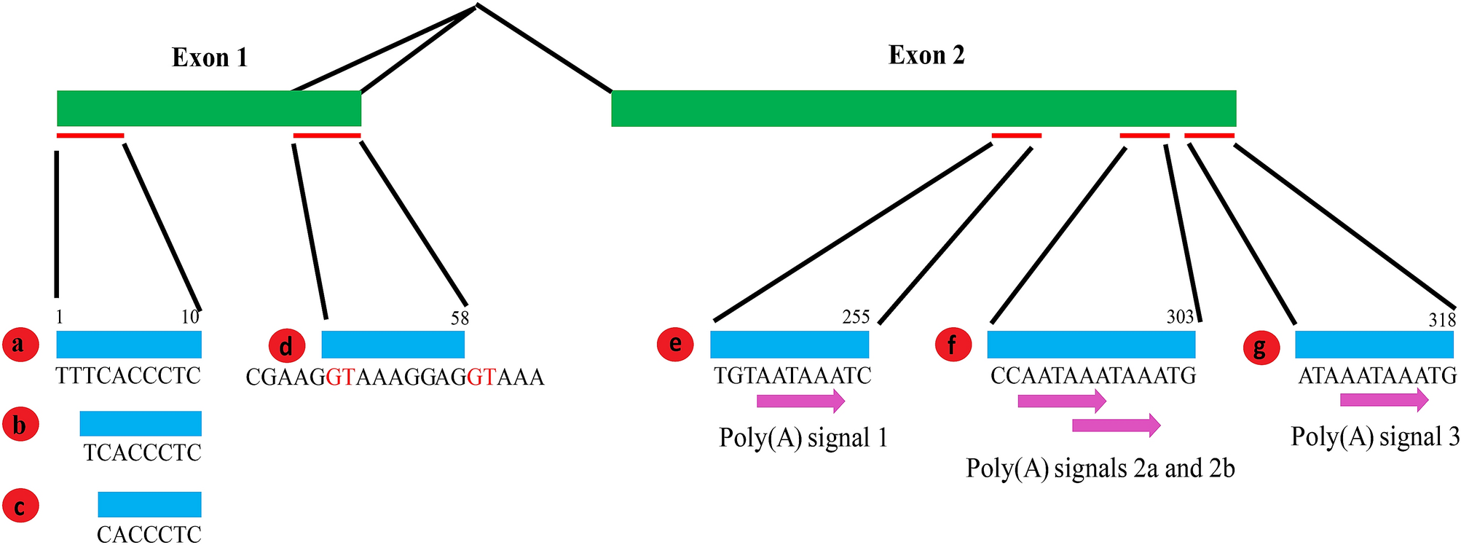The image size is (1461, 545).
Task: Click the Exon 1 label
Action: coord(210,58)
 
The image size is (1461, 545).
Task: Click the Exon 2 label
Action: coord(926,55)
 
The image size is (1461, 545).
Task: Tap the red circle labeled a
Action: coord(20,344)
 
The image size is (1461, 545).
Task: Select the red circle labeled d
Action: coord(286,347)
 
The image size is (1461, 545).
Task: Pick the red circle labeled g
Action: coord(1260,347)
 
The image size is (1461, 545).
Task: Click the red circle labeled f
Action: coord(953,344)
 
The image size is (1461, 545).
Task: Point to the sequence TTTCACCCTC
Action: coord(128,376)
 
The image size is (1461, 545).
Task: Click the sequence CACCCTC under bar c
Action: coord(149,534)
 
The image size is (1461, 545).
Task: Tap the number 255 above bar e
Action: coord(856,317)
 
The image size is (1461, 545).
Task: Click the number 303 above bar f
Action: coord(1180,317)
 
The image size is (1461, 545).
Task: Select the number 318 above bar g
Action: coord(1441,320)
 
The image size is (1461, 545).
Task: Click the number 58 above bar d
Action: coord(460,318)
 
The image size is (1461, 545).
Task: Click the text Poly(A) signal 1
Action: coord(803,438)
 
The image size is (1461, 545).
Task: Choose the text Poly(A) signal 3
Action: coord(1375,436)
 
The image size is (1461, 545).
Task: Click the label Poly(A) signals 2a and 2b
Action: coord(1100,468)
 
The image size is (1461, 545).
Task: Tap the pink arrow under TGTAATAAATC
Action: coord(800,400)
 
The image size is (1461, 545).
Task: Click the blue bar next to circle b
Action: coord(141,423)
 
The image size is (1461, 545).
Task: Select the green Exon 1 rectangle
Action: coord(209,108)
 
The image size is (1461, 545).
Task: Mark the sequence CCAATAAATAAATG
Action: coord(1093,376)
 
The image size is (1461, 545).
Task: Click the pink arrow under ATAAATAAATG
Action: coord(1384,399)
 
